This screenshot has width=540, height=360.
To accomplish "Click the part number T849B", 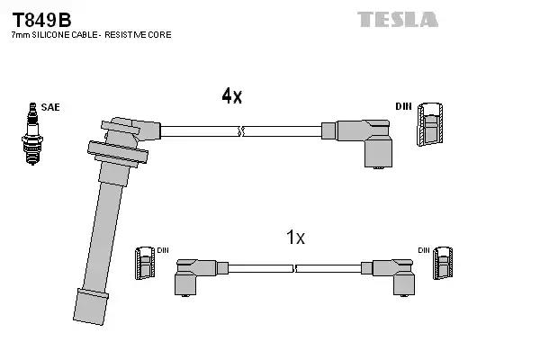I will click(x=40, y=18).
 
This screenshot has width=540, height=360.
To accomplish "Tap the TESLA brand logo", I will click(x=397, y=19).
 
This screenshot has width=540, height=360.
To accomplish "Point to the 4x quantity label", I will click(x=231, y=96).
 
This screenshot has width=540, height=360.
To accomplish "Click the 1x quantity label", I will click(x=295, y=238).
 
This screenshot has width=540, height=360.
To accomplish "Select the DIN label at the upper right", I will click(x=404, y=107).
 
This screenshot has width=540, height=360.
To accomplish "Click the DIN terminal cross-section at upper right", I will click(x=431, y=125).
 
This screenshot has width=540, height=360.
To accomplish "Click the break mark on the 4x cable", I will click(x=240, y=131).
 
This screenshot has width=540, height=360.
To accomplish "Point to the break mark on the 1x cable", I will click(x=296, y=267).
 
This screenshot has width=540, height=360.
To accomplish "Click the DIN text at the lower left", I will click(x=163, y=250).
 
